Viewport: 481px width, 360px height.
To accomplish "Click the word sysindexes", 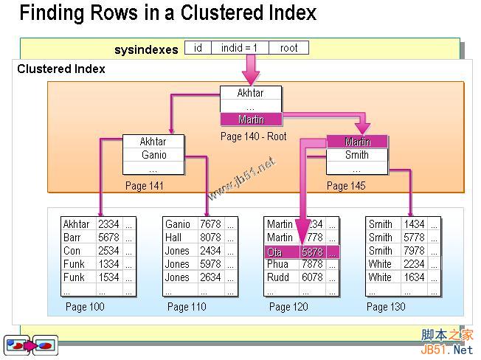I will (146, 49).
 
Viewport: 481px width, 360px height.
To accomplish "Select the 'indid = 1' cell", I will (240, 48).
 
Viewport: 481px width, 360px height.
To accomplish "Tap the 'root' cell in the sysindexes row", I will (288, 48).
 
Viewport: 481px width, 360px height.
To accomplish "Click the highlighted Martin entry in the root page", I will (251, 120).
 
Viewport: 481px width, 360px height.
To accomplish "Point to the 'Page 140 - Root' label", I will (252, 136).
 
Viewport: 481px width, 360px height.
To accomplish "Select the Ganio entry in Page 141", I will (153, 155).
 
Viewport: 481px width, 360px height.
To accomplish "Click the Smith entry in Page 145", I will (357, 155).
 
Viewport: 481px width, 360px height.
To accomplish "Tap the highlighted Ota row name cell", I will (281, 252).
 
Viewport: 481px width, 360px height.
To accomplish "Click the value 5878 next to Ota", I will (312, 252).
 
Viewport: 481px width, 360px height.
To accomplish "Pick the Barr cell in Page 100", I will (73, 238).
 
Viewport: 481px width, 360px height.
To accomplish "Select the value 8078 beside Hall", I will (210, 238).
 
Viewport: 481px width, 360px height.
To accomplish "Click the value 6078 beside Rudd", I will (312, 277).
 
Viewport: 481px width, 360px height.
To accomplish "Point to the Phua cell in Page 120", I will (278, 264).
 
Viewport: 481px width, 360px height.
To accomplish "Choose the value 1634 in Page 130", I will (414, 277).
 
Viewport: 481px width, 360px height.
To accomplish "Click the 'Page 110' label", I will (187, 307).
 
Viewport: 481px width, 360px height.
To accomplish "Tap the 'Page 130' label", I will (386, 307).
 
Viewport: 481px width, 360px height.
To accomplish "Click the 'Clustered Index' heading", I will (61, 69).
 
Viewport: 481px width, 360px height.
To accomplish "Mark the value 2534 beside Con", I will (108, 251).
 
